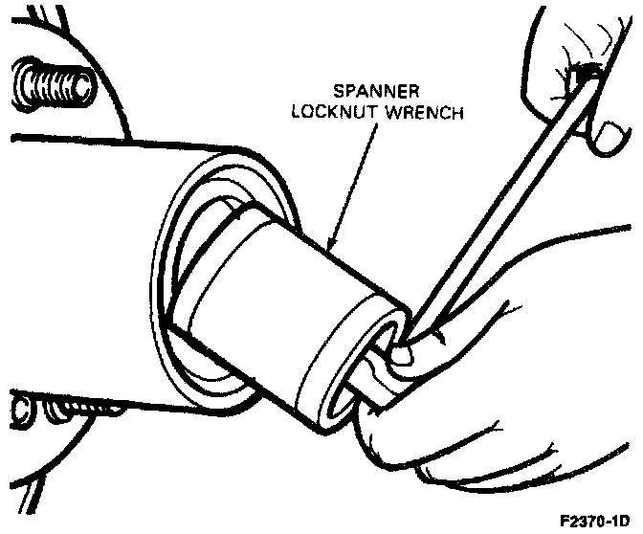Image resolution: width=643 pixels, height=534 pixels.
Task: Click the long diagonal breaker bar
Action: click(507, 201)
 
